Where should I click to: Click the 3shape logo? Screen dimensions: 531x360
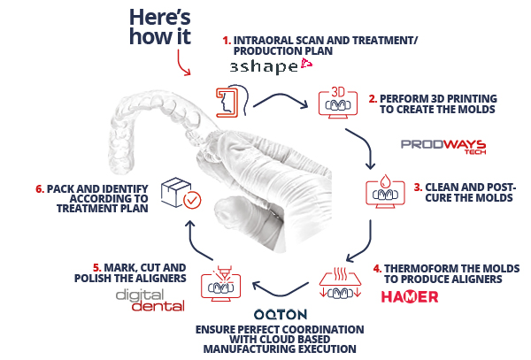click(271, 65)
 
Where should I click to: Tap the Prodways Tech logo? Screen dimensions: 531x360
click(443, 147)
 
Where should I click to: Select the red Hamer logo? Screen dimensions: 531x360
click(410, 296)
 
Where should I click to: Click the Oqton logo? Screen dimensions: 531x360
click(281, 315)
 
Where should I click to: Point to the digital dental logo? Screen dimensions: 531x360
click(150, 301)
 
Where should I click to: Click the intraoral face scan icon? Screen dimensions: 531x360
click(232, 101)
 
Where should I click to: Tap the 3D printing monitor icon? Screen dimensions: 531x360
click(338, 103)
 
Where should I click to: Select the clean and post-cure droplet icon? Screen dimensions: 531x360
click(385, 191)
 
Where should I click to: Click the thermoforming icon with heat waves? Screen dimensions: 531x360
click(340, 283)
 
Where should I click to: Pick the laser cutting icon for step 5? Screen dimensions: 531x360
click(220, 284)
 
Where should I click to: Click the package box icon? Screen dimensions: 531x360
click(175, 191)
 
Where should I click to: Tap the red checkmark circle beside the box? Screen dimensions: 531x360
click(192, 200)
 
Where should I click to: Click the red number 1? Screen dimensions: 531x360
click(227, 41)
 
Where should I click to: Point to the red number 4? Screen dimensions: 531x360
click(377, 269)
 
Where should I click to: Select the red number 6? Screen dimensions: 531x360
click(40, 188)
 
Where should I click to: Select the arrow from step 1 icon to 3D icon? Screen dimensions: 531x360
click(281, 96)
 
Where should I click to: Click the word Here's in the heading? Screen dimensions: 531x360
click(160, 17)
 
